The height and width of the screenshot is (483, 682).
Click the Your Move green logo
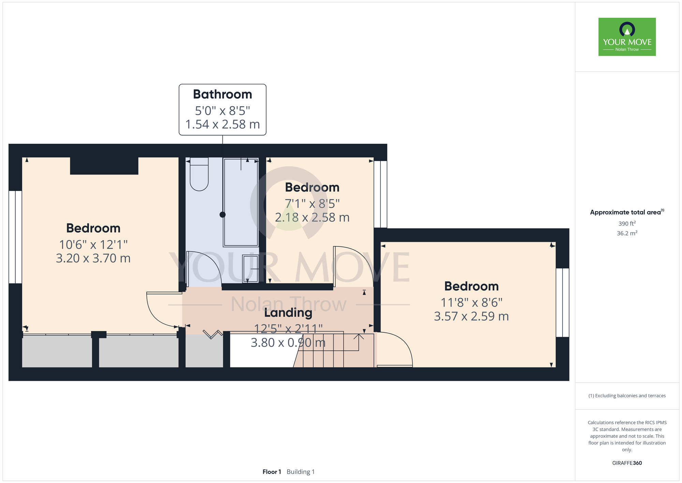pos(627,37)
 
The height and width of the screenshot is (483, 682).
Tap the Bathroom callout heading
pos(222,94)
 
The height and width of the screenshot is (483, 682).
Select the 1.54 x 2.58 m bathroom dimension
pos(222,124)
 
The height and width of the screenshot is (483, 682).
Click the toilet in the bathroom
pos(199,174)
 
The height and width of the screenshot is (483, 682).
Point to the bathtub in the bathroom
pos(241,202)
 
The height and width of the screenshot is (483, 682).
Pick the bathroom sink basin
pos(250,269)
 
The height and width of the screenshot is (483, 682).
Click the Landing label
pos(288,313)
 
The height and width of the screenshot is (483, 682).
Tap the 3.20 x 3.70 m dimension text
pos(93,258)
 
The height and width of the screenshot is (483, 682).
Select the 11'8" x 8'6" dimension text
pos(472,302)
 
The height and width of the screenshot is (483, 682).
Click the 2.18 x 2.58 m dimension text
pos(312,217)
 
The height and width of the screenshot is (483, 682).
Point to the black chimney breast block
pos(104,166)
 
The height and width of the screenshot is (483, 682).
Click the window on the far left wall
pos(15,237)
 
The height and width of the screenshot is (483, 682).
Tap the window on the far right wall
pos(563,303)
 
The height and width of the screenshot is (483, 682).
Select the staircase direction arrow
pos(358,342)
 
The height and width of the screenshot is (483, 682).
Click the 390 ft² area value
pos(627,223)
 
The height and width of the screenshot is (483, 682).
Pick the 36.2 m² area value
pos(627,233)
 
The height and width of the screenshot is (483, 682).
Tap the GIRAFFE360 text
pos(627,463)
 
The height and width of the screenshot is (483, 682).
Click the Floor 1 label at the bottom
pos(272,472)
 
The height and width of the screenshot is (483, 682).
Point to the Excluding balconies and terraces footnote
pos(627,396)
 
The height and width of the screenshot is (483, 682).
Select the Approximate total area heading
pos(627,212)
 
